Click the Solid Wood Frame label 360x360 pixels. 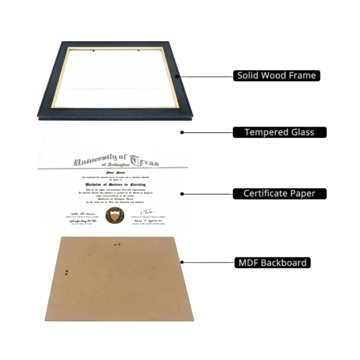pyautogui.click(x=276, y=75)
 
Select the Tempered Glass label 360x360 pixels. pyautogui.click(x=279, y=132)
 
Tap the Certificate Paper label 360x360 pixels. pyautogui.click(x=279, y=193)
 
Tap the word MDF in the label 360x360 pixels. pyautogui.click(x=248, y=263)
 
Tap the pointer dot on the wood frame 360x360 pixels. pyautogui.click(x=177, y=75)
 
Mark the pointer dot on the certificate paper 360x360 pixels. pyautogui.click(x=181, y=193)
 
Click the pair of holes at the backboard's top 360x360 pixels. pyautogui.click(x=117, y=245)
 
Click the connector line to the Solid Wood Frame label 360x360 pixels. pyautogui.click(x=204, y=75)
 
